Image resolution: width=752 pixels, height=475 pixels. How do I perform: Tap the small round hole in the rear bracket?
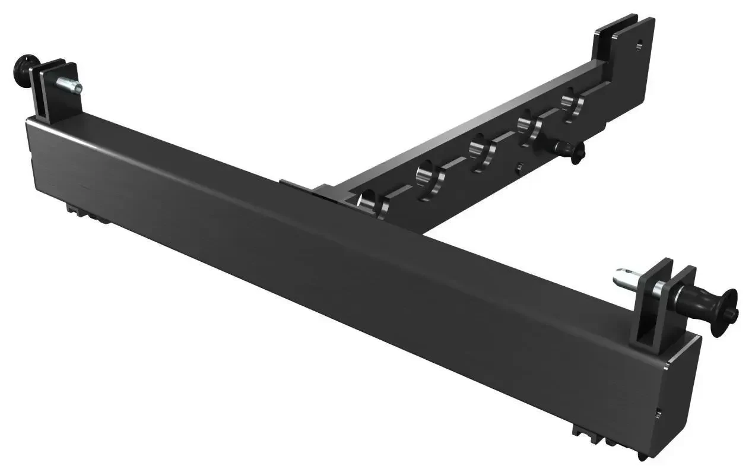(639, 44)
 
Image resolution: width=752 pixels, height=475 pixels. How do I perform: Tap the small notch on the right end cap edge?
(658, 413)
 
